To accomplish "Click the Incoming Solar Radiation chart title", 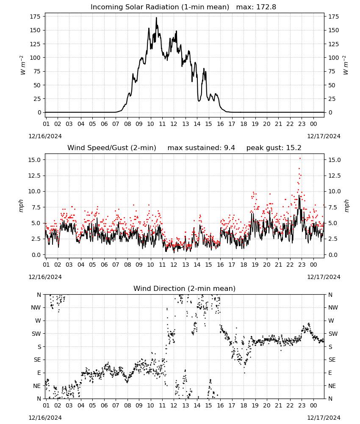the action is [x=160, y=7].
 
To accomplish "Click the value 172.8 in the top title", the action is [x=266, y=7].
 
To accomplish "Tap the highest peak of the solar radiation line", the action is [x=156, y=18].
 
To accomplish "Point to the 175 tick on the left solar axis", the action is [x=35, y=17].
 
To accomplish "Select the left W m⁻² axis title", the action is [x=23, y=65].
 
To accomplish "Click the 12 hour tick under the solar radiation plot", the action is [x=174, y=124].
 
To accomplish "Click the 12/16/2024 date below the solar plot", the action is [x=45, y=136].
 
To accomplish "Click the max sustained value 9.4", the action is [x=229, y=148].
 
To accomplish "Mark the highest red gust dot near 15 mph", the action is [x=300, y=159].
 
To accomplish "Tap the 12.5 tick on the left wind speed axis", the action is [x=34, y=176].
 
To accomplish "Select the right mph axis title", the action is [x=346, y=206].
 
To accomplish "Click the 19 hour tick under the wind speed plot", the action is [x=255, y=265].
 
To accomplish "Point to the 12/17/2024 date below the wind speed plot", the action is [x=324, y=277].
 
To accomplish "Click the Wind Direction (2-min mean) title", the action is [x=185, y=288].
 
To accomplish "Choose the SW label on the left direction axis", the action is [x=36, y=334].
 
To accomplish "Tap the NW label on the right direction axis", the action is [x=333, y=307].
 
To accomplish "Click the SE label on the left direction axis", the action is [x=37, y=360].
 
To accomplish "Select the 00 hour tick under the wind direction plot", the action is [x=313, y=405].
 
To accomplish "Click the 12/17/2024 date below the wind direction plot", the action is [x=324, y=418].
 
